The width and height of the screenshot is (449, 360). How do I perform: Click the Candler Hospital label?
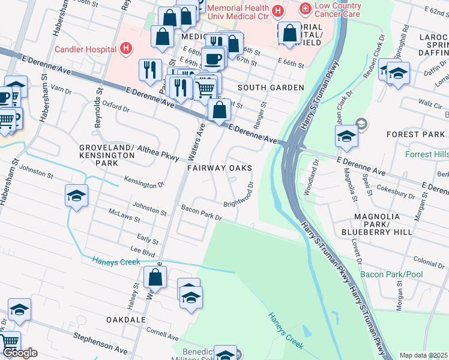coord(85,49)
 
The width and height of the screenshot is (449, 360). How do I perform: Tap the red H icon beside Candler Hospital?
coord(126,49)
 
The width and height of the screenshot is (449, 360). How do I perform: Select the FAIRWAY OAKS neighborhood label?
coord(219,169)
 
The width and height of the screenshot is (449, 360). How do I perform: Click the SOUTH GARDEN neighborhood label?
coord(271,88)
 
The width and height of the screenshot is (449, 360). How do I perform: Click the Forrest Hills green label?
coord(427,154)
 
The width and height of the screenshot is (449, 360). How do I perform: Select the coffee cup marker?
coord(212,59)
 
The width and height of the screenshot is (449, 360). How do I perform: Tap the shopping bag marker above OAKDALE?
coord(155,278)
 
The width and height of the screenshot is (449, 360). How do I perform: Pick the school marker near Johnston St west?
coord(77,196)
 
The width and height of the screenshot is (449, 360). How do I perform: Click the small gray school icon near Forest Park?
coord(361,124)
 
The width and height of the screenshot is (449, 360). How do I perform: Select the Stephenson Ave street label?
coord(100,343)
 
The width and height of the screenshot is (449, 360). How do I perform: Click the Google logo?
coord(20,353)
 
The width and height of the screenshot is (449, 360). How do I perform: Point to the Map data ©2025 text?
coord(423,355)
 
